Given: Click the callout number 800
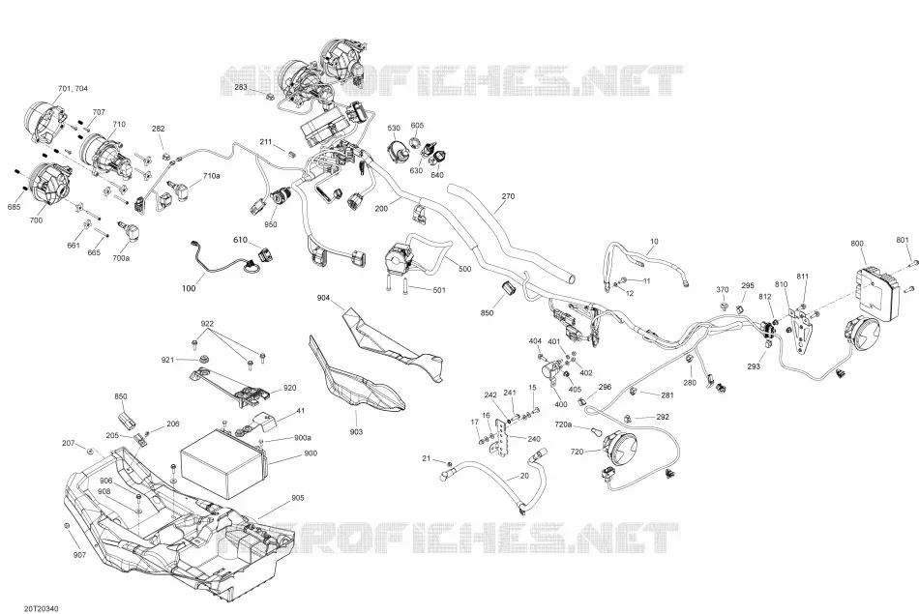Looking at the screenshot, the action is [x=857, y=243].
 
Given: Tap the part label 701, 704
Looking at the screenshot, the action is [x=73, y=88].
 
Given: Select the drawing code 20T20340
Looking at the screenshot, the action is [x=42, y=609].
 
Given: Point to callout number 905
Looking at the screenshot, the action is [x=298, y=498].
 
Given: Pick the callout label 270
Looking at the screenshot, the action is [x=508, y=196].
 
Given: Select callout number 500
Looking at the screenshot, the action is [x=464, y=269].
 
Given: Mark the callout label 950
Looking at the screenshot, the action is [x=270, y=224].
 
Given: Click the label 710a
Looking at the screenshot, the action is [x=211, y=176].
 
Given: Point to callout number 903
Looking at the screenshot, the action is [x=356, y=432].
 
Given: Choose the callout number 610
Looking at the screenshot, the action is [x=240, y=240].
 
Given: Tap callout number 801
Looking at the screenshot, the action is [x=903, y=240].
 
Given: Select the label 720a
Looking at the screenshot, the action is [x=563, y=424].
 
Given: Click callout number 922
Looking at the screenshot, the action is [x=207, y=323].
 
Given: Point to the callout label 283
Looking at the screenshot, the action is [x=241, y=87].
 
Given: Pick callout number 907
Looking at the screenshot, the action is [x=79, y=555].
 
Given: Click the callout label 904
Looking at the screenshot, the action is [x=323, y=298].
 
